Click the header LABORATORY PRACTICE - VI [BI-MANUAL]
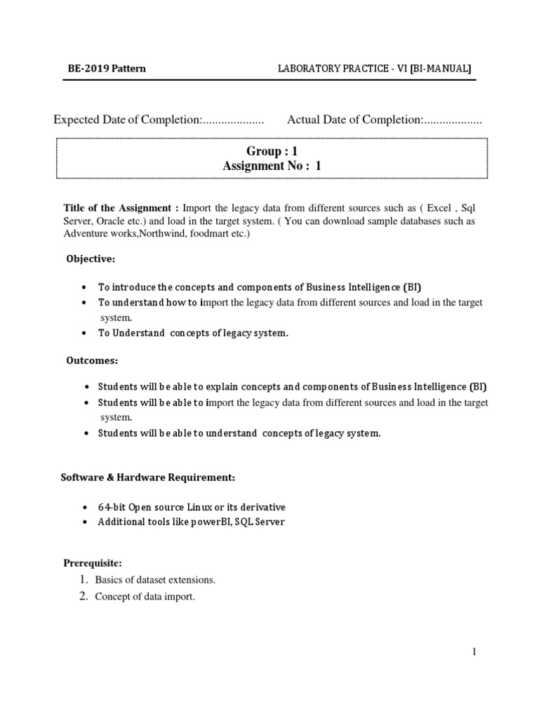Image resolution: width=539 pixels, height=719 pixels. click(x=375, y=68)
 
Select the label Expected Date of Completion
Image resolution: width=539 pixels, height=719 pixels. click(x=128, y=120)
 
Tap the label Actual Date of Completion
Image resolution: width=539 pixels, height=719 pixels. click(x=354, y=120)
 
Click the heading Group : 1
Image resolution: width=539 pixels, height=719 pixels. click(x=267, y=151)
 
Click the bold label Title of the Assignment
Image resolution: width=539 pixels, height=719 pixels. click(x=121, y=208)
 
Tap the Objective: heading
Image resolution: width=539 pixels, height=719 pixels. click(x=91, y=259)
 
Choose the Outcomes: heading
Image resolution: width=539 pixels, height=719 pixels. click(x=92, y=360)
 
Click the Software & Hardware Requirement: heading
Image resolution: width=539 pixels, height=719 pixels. click(x=147, y=477)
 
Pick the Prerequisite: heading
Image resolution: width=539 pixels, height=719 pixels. click(x=93, y=563)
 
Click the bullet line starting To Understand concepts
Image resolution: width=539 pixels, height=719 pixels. click(x=193, y=333)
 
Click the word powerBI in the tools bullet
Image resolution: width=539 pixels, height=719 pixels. click(x=206, y=522)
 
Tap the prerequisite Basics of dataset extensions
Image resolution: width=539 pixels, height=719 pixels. click(x=156, y=580)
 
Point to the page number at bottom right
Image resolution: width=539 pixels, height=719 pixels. click(x=474, y=652)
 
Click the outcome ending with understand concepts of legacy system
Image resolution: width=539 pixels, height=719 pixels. click(x=239, y=433)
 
